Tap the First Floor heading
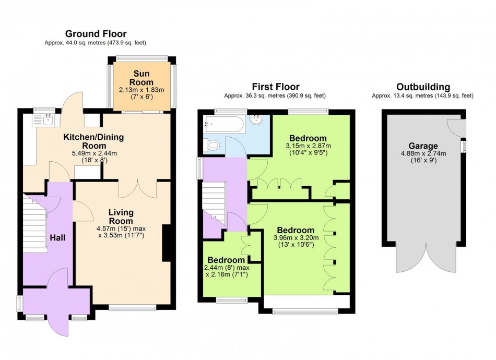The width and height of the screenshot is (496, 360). coord(275,87)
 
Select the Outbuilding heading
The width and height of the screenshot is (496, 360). coord(422,87)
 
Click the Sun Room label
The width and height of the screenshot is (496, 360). coord(143,78)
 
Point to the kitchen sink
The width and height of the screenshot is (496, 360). coord(43,121)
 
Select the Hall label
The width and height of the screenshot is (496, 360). coord(57,237)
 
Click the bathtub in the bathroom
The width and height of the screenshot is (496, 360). coord(223,124)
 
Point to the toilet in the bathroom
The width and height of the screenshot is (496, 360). coord(213,145)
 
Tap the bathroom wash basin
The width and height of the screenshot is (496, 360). coord(257,121)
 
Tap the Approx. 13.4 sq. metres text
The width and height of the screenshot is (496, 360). coord(422,96)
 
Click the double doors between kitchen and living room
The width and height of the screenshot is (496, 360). coord(137,189)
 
